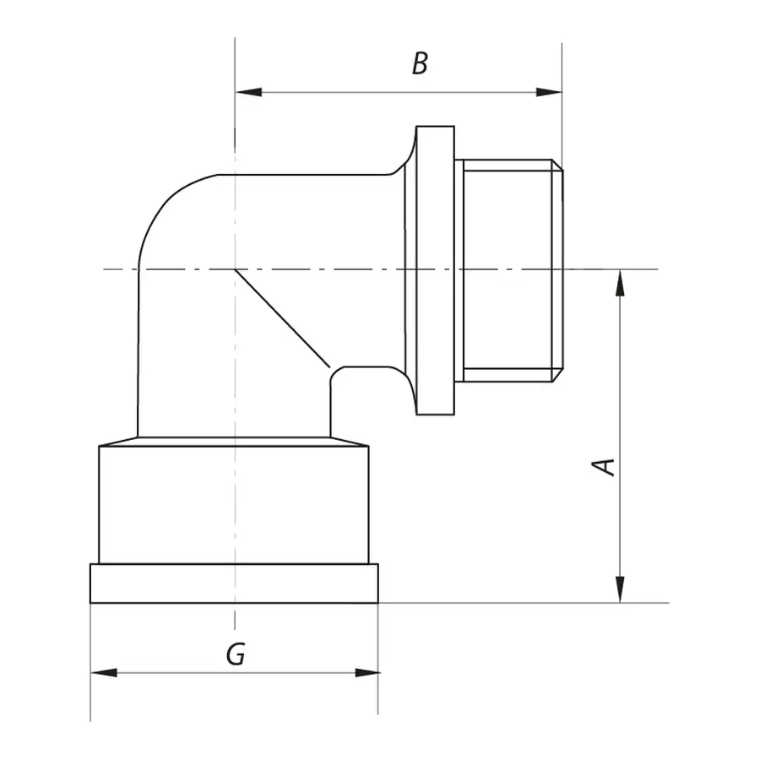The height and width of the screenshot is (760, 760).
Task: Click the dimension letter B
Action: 420,63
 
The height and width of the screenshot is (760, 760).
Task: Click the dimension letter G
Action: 236,654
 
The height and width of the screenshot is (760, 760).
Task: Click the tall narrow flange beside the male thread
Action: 436,270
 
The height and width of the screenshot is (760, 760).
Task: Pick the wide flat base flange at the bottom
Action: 234,584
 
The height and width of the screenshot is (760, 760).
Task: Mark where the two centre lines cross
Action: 235,269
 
